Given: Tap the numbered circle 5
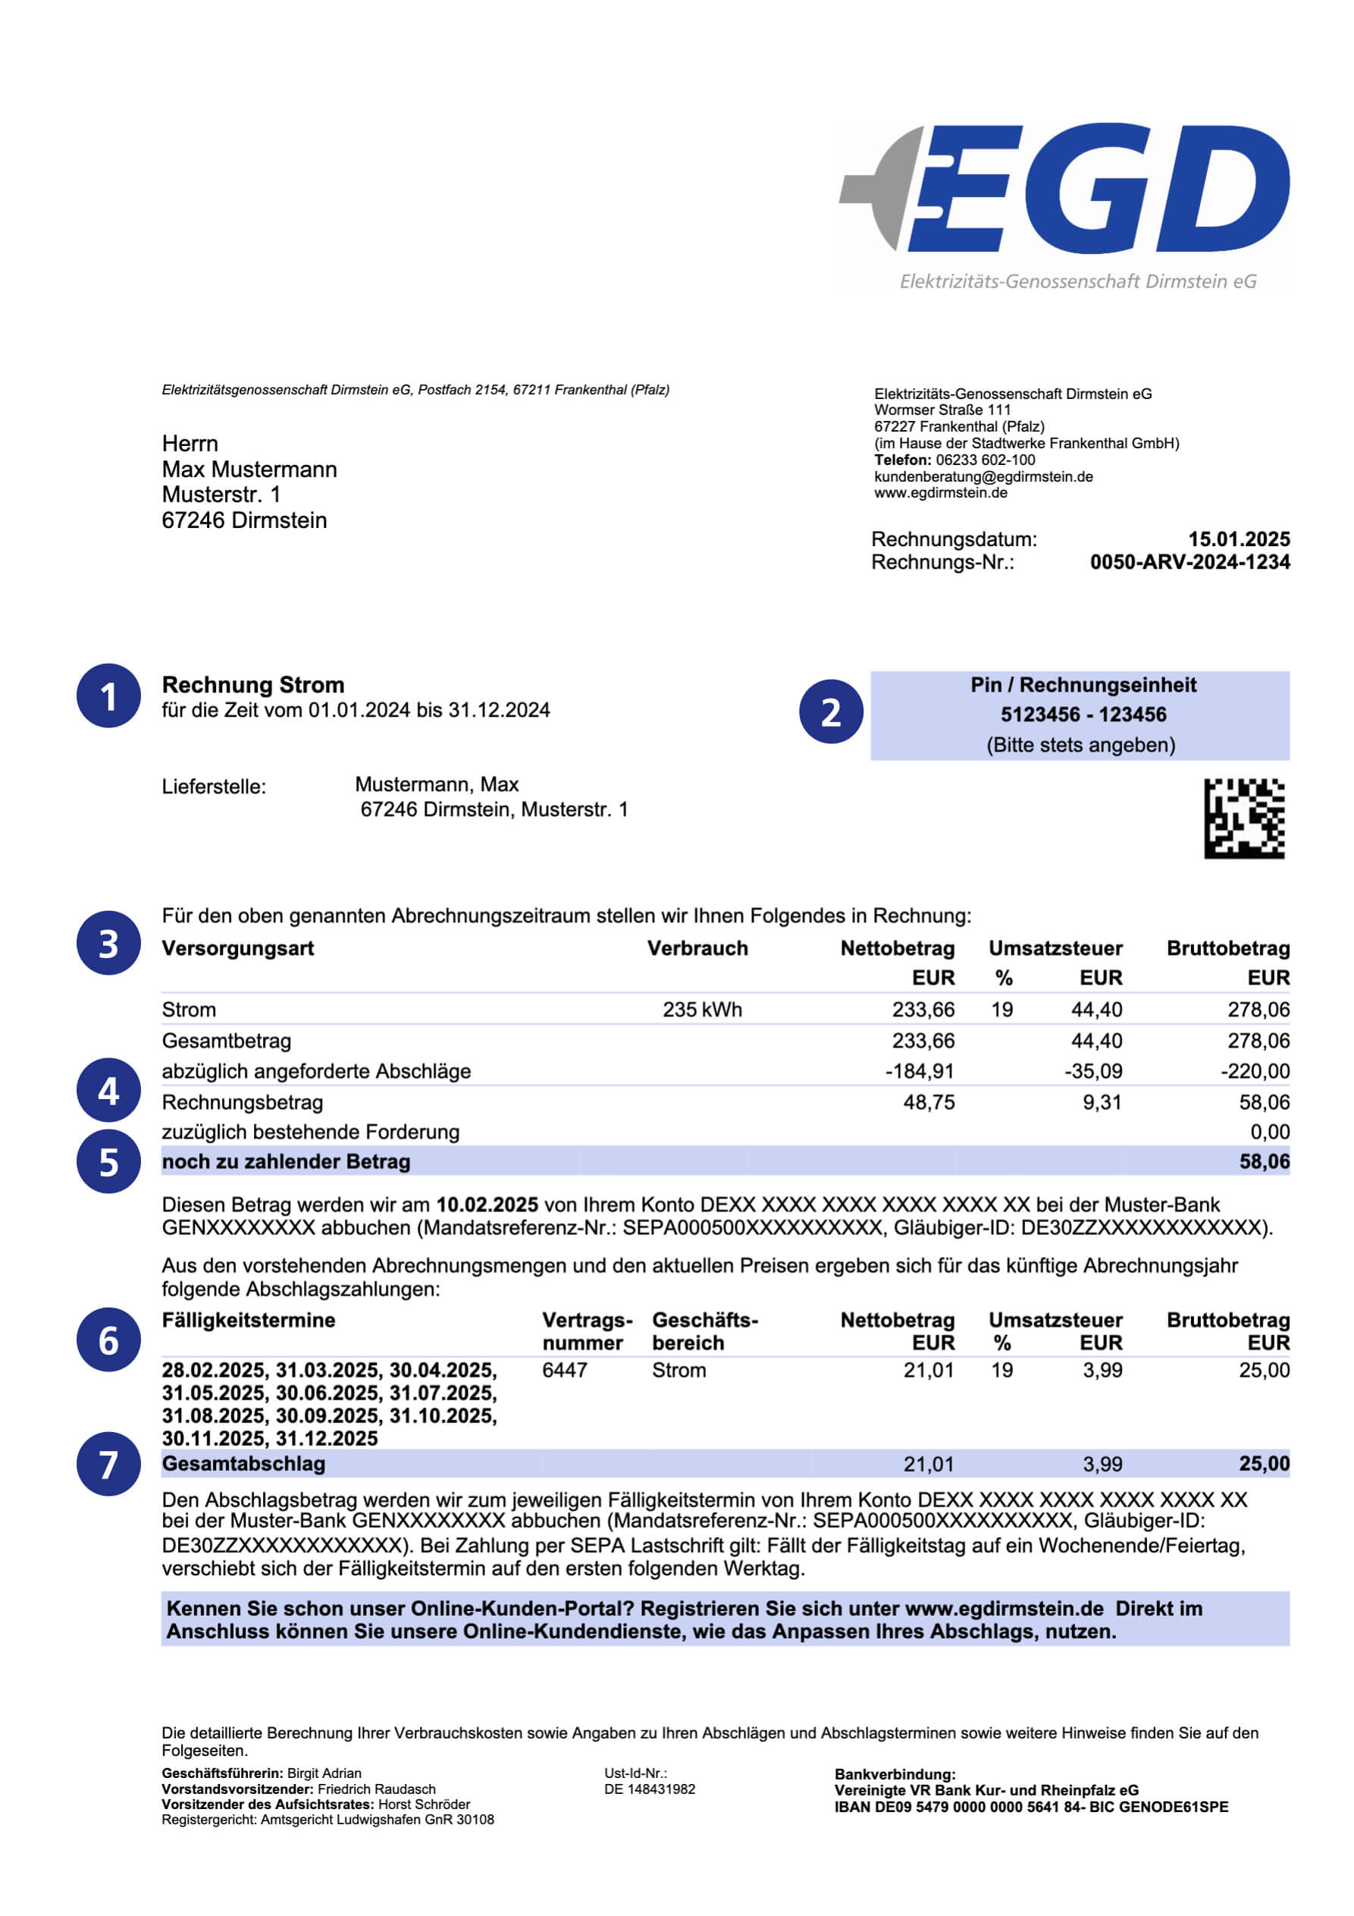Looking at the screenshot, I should click(x=108, y=1161).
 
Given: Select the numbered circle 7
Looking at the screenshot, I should click(x=108, y=1464).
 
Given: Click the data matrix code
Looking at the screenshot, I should click(x=1243, y=818).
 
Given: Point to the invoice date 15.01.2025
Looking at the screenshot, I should click(x=1239, y=539).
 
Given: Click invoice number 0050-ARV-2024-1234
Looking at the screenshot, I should click(x=1189, y=563).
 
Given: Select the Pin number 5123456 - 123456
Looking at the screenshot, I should click(x=1083, y=715).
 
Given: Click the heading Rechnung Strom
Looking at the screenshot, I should click(x=252, y=685).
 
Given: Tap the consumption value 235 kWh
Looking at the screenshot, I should click(x=701, y=1010).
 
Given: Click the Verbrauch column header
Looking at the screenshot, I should click(x=697, y=948).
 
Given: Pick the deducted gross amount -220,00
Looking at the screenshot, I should click(x=1254, y=1071).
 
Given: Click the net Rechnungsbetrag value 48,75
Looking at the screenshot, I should click(x=929, y=1102).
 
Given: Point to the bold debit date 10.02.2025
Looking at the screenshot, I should click(x=487, y=1205).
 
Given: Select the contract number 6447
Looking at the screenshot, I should click(x=565, y=1370).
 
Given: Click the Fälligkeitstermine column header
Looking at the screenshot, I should click(x=249, y=1320).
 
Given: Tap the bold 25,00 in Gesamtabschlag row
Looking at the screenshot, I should click(x=1264, y=1464).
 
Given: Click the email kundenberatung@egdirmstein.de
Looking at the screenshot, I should click(x=983, y=476).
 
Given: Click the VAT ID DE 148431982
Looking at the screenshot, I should click(x=649, y=1789).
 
